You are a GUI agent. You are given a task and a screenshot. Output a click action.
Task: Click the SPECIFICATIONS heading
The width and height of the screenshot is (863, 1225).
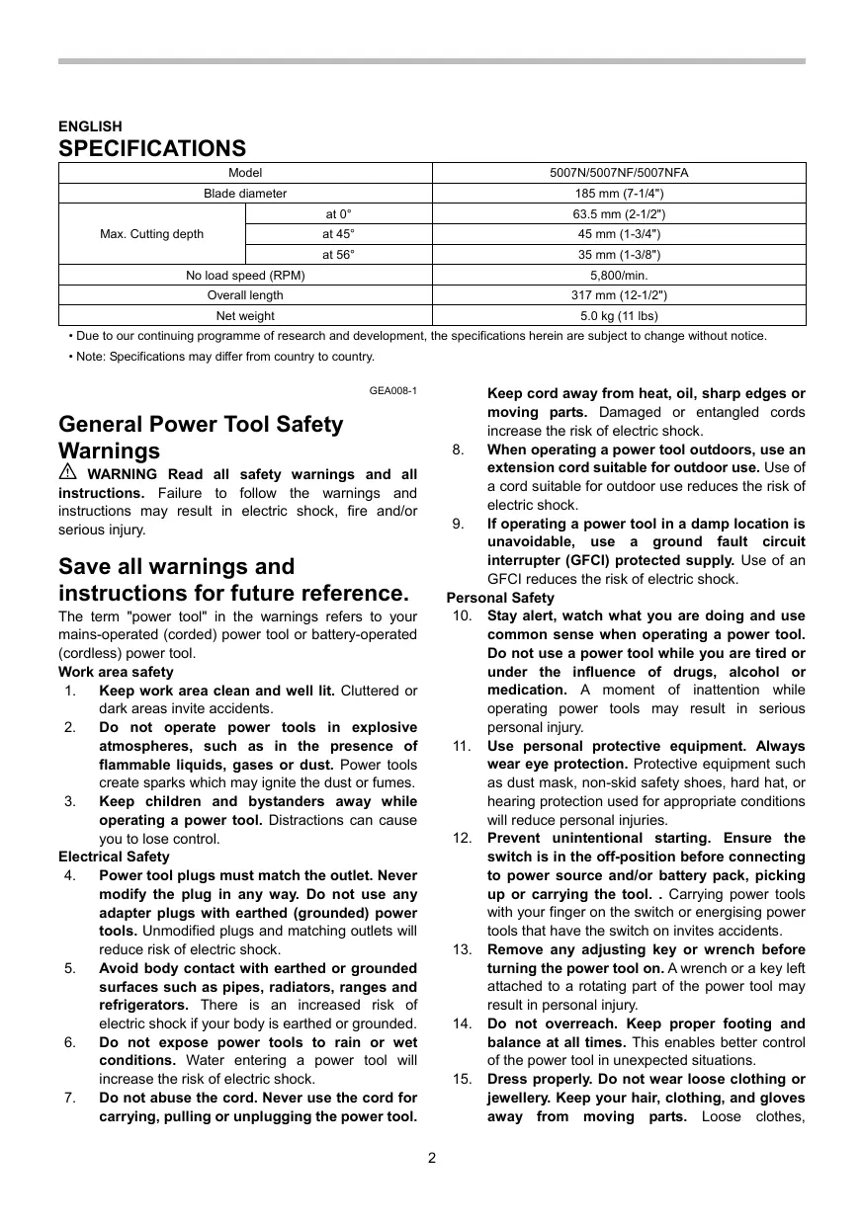152,148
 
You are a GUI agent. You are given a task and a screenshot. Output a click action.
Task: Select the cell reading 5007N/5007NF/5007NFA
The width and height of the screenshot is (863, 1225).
619,173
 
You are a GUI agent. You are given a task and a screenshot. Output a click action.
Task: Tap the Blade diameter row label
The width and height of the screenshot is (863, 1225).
245,194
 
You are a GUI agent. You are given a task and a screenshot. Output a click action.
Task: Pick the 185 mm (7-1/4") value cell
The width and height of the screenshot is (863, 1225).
619,194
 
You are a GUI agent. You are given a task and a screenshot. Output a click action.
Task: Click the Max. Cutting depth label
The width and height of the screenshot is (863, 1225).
151,234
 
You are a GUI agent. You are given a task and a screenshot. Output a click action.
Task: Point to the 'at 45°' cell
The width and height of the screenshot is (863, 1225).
338,234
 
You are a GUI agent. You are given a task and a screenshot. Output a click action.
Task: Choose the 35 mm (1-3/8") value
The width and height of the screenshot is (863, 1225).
619,255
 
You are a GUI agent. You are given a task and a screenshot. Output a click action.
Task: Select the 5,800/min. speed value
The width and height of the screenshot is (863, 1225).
619,276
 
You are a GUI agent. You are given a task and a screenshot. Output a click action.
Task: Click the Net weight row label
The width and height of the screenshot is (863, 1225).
245,316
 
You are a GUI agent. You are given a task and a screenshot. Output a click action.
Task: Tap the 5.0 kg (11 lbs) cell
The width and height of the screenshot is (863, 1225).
619,316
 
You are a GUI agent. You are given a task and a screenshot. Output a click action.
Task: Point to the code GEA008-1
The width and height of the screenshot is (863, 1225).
393,390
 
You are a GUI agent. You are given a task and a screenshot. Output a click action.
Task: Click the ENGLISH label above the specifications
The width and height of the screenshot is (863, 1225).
90,126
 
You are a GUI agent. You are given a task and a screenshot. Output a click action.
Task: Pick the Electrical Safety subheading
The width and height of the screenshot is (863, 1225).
114,857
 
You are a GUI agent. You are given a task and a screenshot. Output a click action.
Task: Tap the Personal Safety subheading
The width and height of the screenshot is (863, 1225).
500,598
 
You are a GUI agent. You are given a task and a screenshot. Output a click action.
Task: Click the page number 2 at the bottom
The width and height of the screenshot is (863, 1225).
432,1158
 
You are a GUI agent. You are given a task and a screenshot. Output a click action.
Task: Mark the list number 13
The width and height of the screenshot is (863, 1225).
462,949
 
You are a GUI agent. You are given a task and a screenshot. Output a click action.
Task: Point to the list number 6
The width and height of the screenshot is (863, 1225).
71,1042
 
